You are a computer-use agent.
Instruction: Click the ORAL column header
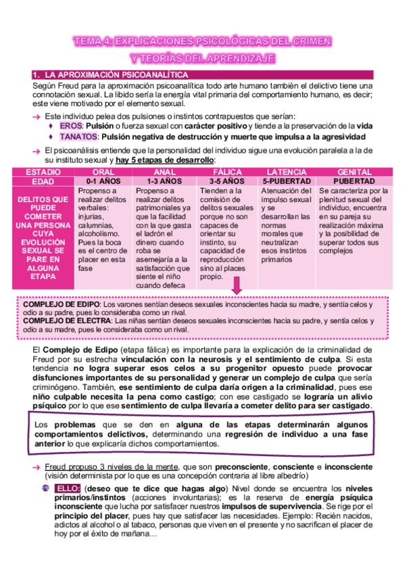pos(103,173)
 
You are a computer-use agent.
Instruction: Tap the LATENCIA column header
pos(286,173)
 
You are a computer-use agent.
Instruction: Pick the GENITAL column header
pos(355,173)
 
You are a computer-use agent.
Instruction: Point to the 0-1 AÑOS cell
pos(103,182)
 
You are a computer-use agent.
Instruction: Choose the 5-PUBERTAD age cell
pos(286,182)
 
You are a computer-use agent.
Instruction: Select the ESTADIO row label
pos(42,173)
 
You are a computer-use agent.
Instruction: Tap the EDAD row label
pos(42,182)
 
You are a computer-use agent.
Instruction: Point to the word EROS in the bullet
pos(70,126)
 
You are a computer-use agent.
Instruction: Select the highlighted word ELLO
pos(69,488)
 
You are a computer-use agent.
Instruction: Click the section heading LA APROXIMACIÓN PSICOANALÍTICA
pos(114,74)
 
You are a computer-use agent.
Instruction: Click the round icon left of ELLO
pos(45,488)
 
